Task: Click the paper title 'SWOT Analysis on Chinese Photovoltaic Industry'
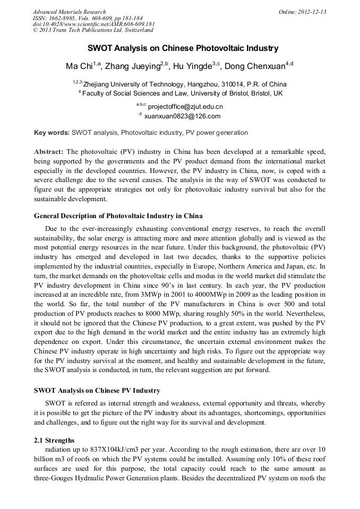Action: point(183,48)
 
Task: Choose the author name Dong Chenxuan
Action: point(254,66)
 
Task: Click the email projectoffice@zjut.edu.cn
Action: point(185,107)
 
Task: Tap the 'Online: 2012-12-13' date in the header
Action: point(302,12)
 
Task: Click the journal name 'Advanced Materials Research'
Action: point(69,12)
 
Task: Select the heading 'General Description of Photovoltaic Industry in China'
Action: point(118,216)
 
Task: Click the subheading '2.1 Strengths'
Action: point(54,441)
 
